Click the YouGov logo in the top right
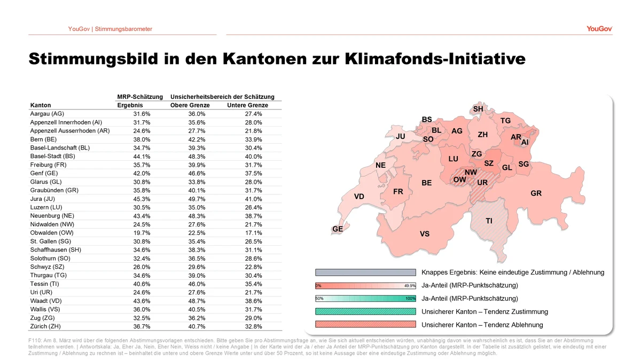599,29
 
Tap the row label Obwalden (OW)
52,233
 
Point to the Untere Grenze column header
247,105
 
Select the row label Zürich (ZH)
48,326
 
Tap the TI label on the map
489,221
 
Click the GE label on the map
338,229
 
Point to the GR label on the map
536,193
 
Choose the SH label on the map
478,109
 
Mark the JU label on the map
401,137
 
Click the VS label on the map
425,234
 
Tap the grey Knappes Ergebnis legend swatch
365,272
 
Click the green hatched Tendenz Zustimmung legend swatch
365,312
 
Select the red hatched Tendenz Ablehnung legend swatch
365,325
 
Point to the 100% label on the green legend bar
410,299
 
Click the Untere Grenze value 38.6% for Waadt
253,301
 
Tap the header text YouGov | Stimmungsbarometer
110,29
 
